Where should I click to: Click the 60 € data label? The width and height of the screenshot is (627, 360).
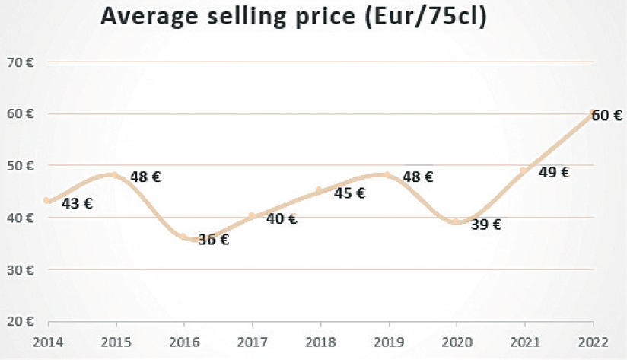click(607, 116)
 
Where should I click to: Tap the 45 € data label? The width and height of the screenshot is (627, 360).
click(350, 193)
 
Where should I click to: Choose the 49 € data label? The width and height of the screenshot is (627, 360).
click(554, 172)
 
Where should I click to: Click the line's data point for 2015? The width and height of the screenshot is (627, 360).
click(115, 174)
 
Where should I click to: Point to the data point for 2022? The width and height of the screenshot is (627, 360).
click(593, 114)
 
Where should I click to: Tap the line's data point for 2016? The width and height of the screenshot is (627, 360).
click(183, 237)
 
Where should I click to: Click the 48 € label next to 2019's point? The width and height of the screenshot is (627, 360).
click(418, 177)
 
